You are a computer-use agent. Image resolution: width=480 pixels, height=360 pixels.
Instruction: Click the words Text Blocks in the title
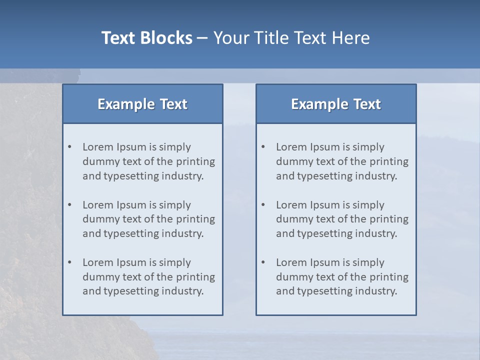[146, 38]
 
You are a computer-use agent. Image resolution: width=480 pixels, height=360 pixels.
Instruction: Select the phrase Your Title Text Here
[291, 38]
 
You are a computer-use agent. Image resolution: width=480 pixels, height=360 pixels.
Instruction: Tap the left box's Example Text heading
[142, 104]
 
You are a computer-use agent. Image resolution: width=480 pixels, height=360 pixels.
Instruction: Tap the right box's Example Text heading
[336, 104]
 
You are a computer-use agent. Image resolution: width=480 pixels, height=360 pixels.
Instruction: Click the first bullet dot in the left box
[70, 147]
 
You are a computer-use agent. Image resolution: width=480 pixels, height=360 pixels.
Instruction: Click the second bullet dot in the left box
[70, 205]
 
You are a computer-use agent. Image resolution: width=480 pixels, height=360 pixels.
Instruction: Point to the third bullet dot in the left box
[70, 262]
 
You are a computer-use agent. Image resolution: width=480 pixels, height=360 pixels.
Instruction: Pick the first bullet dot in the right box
[263, 147]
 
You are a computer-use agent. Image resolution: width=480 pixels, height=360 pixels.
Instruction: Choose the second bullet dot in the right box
[263, 205]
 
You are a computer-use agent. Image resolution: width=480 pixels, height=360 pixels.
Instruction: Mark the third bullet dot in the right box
[263, 262]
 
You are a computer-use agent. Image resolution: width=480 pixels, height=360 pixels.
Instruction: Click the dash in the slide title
[202, 38]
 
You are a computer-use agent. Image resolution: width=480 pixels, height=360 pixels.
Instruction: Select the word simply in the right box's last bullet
[368, 262]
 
